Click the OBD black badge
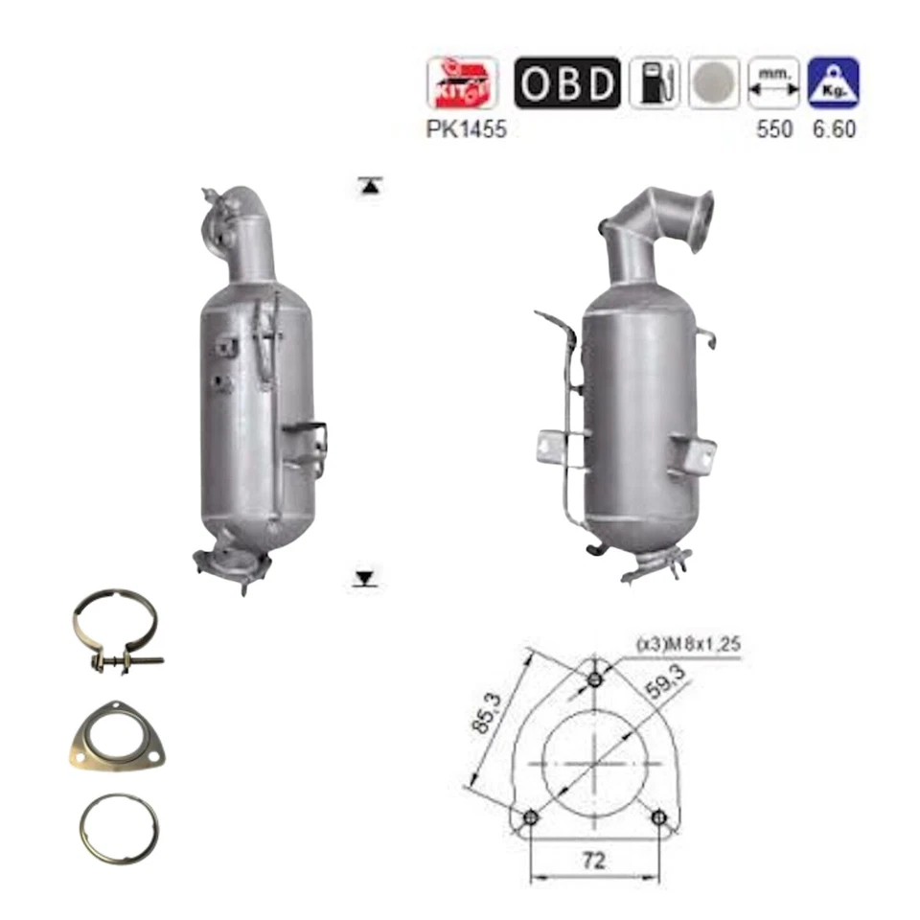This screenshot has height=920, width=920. point(567,83)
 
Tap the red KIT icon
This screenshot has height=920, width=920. point(462,83)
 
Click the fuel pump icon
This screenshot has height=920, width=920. point(655,83)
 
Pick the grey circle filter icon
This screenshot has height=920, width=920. point(714,83)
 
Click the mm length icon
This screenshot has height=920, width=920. point(773,83)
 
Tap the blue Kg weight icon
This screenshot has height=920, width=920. point(833,83)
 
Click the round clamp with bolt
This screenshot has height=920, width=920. point(114,632)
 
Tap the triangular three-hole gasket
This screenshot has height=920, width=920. point(116,736)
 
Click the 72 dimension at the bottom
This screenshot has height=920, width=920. point(593,861)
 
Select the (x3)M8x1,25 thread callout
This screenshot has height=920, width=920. point(688,645)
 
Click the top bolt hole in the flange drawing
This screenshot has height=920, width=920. point(595,679)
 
